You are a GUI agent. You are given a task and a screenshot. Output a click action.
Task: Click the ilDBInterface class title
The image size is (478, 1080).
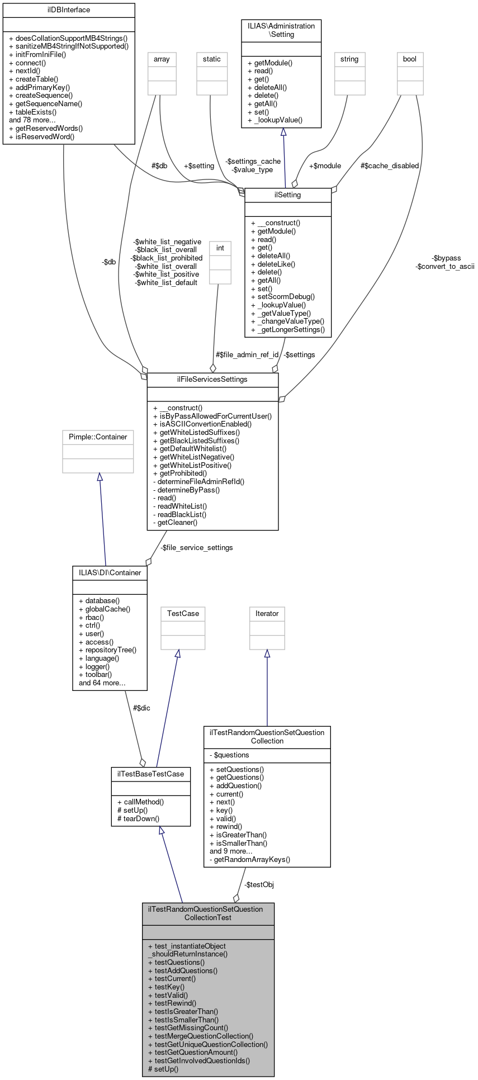point(69,10)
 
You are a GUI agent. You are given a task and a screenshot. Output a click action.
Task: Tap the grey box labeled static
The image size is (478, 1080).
point(212,59)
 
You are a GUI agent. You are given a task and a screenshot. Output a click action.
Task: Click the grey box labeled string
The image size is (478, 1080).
point(349,59)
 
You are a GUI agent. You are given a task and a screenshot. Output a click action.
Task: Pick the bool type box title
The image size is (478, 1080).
point(410,59)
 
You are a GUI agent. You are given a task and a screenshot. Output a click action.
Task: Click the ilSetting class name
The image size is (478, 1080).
point(288,195)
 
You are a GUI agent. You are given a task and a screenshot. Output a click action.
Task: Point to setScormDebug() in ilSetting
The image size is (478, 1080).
point(283,297)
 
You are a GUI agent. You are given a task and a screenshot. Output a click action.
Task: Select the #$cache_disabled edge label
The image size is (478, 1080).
point(390,166)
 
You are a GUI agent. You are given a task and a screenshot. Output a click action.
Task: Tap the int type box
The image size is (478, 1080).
point(220,248)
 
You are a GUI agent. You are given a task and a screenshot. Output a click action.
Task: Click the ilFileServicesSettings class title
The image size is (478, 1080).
point(212,380)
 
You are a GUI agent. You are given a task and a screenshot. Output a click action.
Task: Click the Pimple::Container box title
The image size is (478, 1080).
point(98,437)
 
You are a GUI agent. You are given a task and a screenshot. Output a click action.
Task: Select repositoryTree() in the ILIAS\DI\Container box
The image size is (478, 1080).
point(107,650)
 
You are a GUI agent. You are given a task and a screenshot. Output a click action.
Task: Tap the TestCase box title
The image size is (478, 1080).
point(183,614)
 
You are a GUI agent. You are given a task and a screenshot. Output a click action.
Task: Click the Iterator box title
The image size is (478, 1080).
point(267,614)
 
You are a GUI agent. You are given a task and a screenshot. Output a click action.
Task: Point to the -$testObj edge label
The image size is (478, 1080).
point(259,885)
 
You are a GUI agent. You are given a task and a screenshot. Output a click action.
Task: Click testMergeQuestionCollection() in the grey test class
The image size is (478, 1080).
point(201,1036)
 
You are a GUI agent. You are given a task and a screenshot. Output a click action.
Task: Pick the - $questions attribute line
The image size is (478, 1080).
point(229,755)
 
